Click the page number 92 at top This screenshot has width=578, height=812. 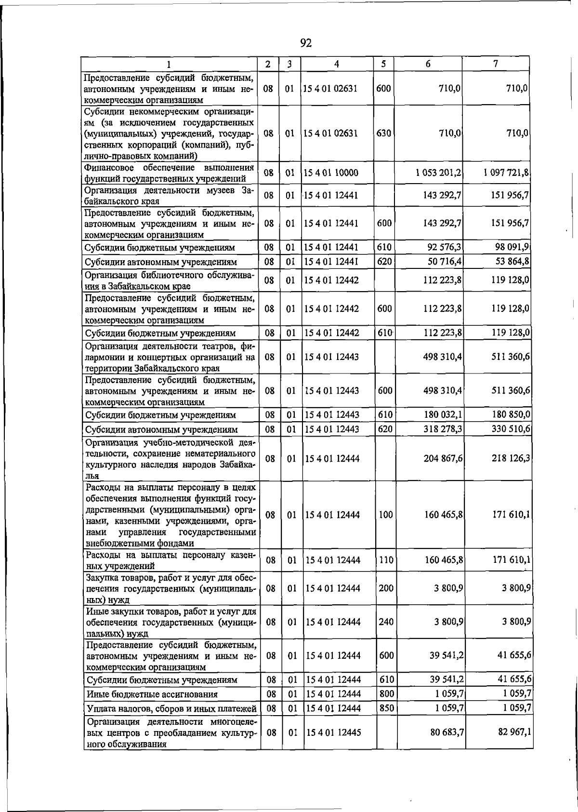point(306,43)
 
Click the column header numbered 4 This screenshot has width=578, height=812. point(337,64)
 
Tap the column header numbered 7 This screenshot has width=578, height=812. point(496,64)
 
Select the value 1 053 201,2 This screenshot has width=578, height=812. point(438,173)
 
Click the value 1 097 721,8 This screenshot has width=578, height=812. point(506,173)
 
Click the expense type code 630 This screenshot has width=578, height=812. point(383,133)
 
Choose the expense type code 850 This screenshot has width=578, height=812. point(386,708)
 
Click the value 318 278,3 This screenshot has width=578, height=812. point(443,429)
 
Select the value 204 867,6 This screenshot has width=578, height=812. point(443,458)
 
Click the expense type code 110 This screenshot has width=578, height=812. point(386,560)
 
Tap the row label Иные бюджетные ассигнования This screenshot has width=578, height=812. point(152,694)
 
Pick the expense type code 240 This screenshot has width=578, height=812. point(386,622)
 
